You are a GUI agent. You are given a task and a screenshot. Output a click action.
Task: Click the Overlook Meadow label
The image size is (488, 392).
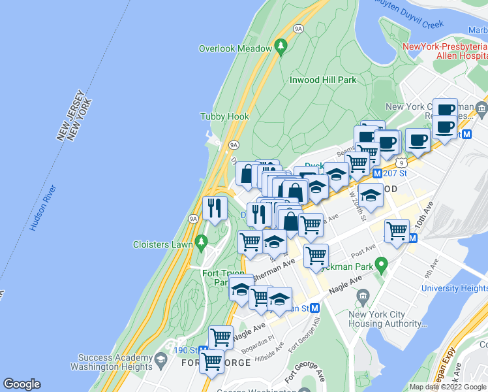[235, 49]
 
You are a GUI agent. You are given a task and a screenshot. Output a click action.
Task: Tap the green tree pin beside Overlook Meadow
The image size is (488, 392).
[281, 46]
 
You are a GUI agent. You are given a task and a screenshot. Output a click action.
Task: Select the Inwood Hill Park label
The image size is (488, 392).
[323, 80]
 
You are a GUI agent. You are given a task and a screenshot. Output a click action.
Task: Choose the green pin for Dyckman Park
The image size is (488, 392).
[384, 265]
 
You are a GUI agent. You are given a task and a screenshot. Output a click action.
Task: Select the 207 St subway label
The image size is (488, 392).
[395, 174]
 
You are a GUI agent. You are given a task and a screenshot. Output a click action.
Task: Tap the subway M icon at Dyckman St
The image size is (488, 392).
[315, 308]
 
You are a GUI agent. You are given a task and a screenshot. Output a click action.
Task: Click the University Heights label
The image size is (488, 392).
[454, 288]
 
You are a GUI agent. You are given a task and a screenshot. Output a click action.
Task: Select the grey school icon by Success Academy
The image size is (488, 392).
[160, 358]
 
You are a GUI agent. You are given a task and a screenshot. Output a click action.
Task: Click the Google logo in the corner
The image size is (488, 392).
[22, 384]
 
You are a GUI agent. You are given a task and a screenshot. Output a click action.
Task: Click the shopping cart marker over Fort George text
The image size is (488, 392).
[211, 361]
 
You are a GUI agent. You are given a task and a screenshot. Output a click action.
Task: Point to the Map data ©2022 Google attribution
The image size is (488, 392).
[448, 387]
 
